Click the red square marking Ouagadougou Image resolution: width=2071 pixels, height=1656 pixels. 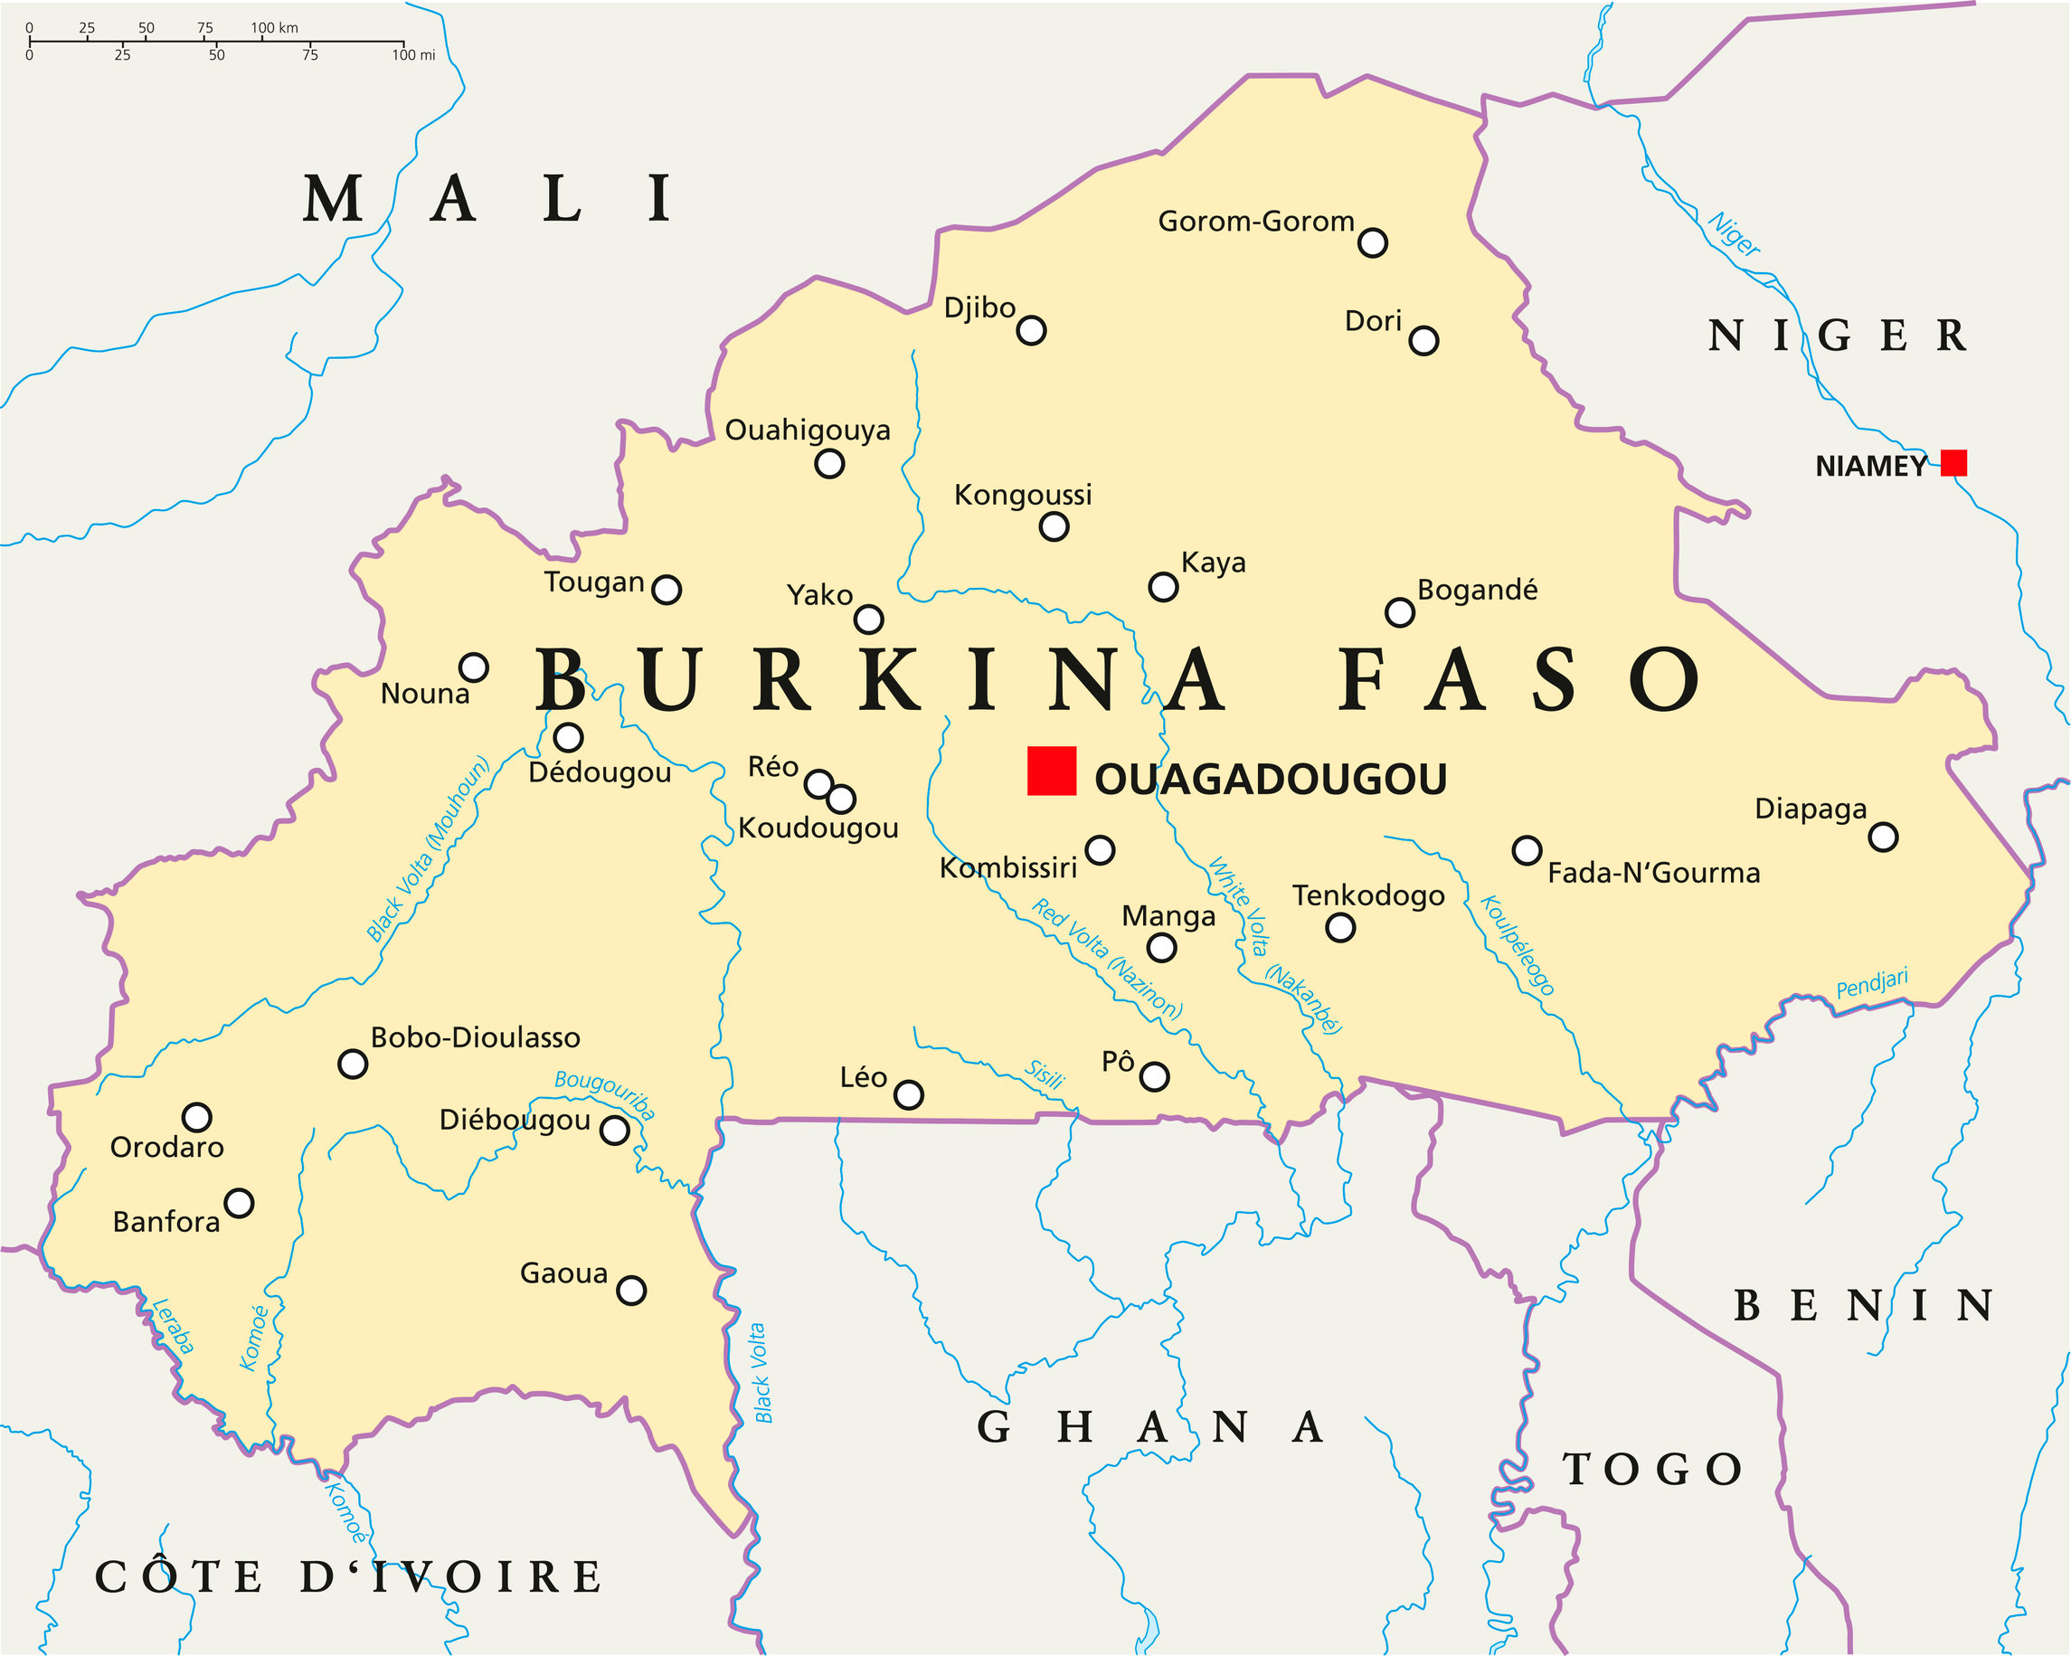coord(1051,771)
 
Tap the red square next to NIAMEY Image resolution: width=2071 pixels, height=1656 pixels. coord(1953,463)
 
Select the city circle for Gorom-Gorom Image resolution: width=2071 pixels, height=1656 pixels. coord(1372,243)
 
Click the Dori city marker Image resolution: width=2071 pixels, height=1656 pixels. coord(1423,340)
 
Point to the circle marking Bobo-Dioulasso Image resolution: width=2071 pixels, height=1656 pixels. coord(353,1065)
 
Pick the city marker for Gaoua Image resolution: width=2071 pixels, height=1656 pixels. coord(631,1290)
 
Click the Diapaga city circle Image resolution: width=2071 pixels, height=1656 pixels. coord(1883,837)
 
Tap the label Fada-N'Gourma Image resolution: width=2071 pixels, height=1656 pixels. coord(1653,873)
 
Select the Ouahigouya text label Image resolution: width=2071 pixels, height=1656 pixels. coord(807,430)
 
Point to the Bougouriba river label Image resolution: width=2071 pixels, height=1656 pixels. coord(605,1094)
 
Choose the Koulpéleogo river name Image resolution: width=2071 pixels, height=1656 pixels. coord(1517,946)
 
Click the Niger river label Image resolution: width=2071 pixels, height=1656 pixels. coord(1733,233)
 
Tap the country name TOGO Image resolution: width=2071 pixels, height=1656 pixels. coord(1651,1470)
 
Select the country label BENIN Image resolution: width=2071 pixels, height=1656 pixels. coord(1863,1305)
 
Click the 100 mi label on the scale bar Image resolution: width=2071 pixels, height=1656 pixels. coord(413,55)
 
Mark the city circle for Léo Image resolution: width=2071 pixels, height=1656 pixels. coord(908,1094)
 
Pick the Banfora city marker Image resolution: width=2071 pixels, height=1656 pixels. coord(238,1203)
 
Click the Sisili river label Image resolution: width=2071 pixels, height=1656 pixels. coord(1045,1074)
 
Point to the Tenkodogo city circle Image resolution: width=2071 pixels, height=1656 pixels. coord(1339,928)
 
